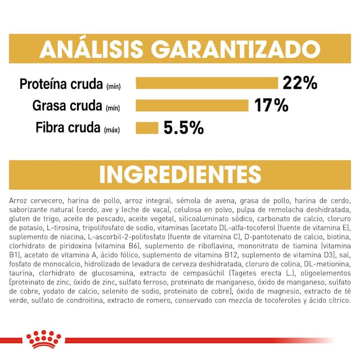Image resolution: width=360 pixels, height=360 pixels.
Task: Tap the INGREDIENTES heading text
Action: pos(180,174)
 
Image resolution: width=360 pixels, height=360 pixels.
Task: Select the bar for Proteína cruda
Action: pos(207,83)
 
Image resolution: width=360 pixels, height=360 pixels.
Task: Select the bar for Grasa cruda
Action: pos(192,105)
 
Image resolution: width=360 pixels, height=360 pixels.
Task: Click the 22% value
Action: pos(300,83)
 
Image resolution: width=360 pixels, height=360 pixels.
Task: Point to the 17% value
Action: pos(271,105)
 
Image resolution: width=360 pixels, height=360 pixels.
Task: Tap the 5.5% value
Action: pos(183,128)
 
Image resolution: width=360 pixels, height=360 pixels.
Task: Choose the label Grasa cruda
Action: pos(67,106)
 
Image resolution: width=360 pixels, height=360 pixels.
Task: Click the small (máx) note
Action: pos(112,130)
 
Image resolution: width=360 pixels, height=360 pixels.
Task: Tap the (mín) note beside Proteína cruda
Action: pos(112,86)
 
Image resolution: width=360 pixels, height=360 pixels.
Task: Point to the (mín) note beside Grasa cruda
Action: pos(112,108)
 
